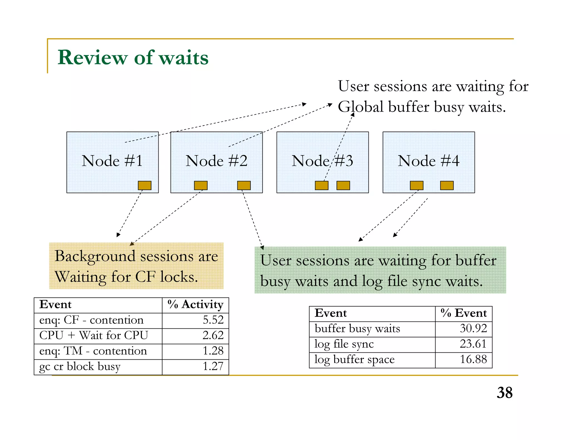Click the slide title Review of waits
(133, 58)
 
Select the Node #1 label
(112, 161)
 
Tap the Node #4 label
(429, 161)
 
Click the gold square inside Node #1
(145, 186)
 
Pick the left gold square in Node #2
(201, 186)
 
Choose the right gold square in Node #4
(447, 186)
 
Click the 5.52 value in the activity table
(213, 320)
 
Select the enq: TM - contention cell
(93, 351)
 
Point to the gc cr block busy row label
(80, 367)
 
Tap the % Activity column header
(195, 305)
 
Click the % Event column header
(464, 313)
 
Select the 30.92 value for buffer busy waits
(473, 328)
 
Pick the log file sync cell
(344, 344)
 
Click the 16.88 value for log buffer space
(473, 359)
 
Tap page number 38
(505, 393)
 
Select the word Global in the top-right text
(361, 107)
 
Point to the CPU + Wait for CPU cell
(94, 335)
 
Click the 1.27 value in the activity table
(213, 367)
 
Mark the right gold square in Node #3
(343, 186)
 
